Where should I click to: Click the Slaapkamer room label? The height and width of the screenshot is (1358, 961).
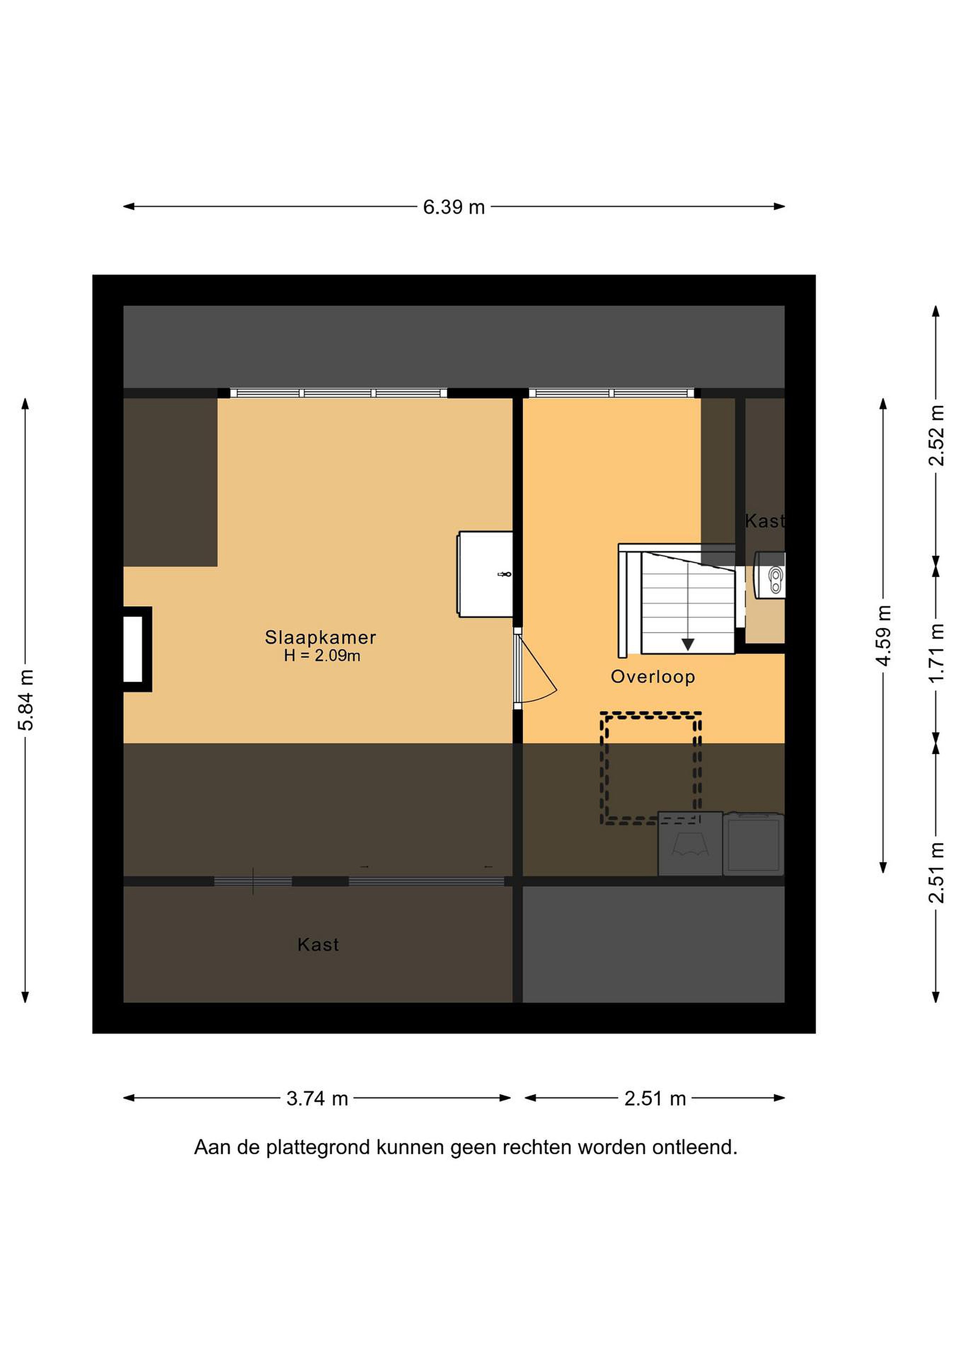(x=320, y=637)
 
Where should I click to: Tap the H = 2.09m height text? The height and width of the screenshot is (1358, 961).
(x=322, y=655)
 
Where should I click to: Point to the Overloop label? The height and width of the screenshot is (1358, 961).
(x=653, y=677)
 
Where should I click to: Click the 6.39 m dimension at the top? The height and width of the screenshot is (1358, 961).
(x=454, y=207)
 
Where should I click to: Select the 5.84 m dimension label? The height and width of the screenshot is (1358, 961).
(x=26, y=700)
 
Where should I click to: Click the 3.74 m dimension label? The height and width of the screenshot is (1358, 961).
(x=317, y=1098)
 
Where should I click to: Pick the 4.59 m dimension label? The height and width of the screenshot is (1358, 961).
(x=884, y=635)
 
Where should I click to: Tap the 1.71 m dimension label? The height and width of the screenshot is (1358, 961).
(x=936, y=653)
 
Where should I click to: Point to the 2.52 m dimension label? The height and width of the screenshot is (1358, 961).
(x=936, y=435)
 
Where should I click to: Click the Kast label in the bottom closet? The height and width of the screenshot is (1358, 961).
(x=318, y=944)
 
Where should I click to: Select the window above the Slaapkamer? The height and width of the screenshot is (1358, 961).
(x=338, y=393)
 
